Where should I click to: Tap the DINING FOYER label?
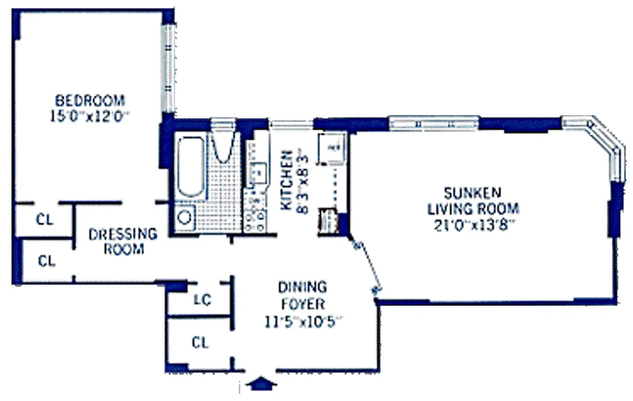(x=302, y=295)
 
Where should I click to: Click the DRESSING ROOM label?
(x=123, y=241)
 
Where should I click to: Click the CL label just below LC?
(x=200, y=343)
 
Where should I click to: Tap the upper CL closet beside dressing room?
(x=45, y=220)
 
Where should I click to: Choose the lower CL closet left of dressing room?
(x=46, y=261)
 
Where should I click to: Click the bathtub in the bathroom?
(x=191, y=165)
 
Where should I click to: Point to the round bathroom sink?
(x=185, y=217)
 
